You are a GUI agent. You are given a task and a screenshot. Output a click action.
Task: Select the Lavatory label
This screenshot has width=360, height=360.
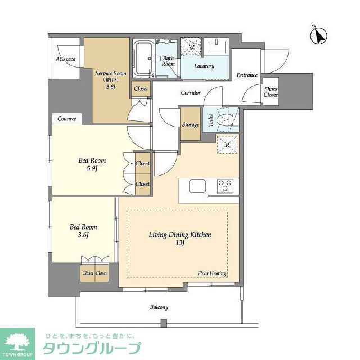pyautogui.click(x=204, y=66)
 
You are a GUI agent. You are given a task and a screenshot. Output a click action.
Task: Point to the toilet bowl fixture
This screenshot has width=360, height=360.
pyautogui.click(x=227, y=120)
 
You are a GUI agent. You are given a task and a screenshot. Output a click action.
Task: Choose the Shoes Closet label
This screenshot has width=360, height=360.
pyautogui.click(x=271, y=91)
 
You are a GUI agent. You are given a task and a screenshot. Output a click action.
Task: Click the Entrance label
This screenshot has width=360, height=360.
pyautogui.click(x=247, y=75)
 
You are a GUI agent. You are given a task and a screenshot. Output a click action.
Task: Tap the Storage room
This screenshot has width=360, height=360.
pyautogui.click(x=190, y=124)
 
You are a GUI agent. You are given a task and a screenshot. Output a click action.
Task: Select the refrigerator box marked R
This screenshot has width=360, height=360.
pyautogui.click(x=227, y=145)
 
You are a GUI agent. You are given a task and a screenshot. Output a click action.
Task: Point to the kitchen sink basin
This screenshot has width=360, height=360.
pyautogui.click(x=198, y=186)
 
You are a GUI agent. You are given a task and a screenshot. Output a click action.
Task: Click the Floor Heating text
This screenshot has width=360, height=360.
pyautogui.click(x=211, y=273)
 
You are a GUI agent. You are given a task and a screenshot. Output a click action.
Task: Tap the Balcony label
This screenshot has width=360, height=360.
pyautogui.click(x=159, y=307)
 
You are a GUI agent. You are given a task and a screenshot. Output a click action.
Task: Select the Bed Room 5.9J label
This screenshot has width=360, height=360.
pyautogui.click(x=92, y=164)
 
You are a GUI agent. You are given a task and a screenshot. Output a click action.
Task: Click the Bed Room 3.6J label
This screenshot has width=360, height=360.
pyautogui.click(x=83, y=231)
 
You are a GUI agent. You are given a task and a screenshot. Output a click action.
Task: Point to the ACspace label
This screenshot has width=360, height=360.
pyautogui.click(x=65, y=59)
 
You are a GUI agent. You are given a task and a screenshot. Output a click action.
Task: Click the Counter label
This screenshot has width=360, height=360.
pyautogui.click(x=67, y=119)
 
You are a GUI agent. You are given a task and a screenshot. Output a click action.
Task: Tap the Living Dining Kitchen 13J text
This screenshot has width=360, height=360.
pyautogui.click(x=179, y=238)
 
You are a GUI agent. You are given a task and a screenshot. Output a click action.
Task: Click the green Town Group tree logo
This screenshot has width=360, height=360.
pyautogui.click(x=17, y=343)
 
